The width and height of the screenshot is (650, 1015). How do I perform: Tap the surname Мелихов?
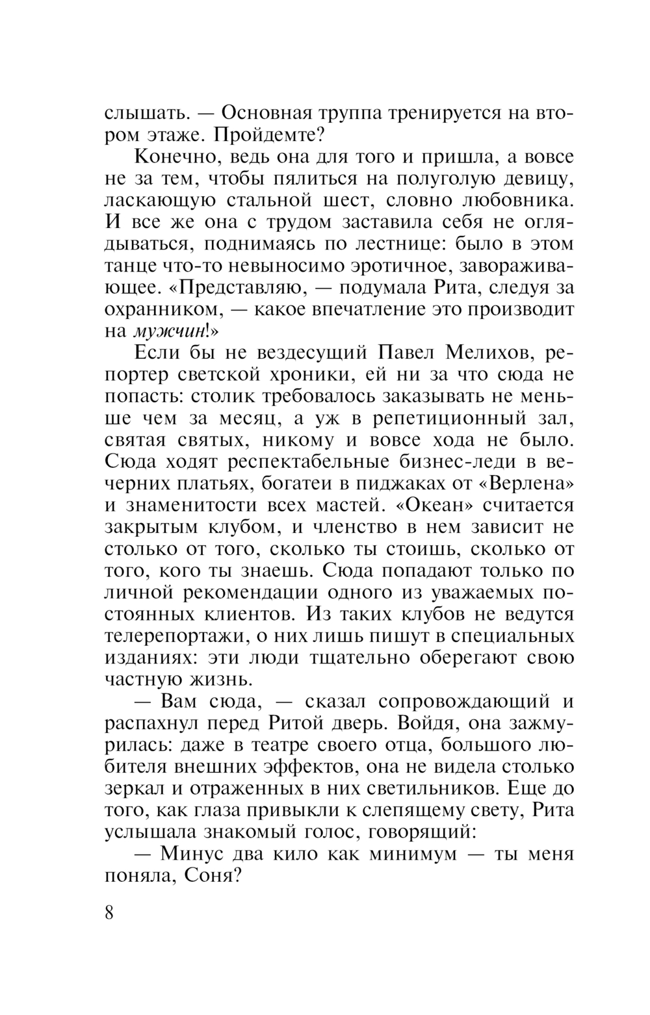(x=487, y=353)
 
